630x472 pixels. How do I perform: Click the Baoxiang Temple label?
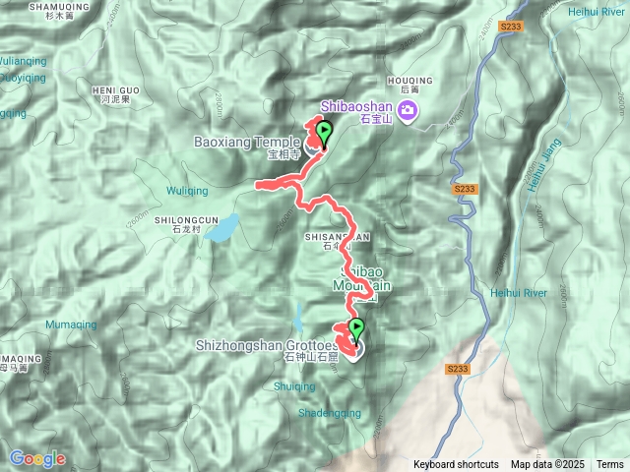point(247,142)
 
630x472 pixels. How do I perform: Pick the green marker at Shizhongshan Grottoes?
point(355,330)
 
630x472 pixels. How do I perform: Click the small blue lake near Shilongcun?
point(222,230)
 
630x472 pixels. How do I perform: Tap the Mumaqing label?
point(72,324)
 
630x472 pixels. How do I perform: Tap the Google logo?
point(37,458)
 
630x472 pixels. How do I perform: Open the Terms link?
point(609,464)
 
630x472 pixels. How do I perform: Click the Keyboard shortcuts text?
point(456,464)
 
